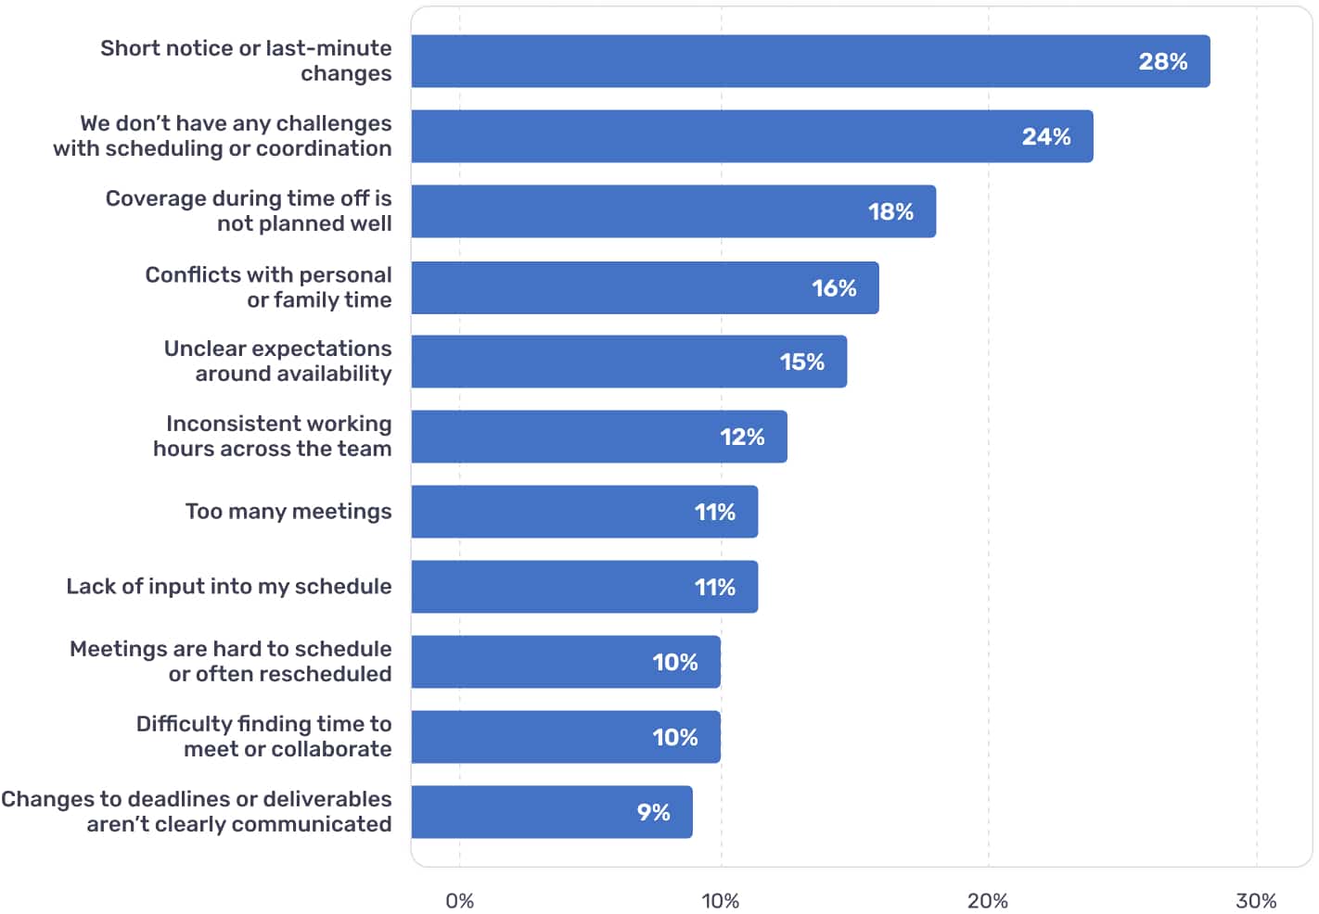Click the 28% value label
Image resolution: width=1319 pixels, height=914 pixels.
[1162, 62]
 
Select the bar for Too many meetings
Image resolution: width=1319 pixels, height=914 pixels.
[584, 512]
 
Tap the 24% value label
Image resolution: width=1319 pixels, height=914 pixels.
[1045, 137]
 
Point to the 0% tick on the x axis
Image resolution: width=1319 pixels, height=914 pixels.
[459, 901]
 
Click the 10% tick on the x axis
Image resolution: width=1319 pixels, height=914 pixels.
[720, 901]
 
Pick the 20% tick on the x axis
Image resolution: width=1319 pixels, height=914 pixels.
[987, 901]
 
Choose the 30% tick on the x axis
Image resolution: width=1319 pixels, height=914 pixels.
[1255, 901]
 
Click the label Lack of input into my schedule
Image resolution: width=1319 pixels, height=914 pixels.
[229, 587]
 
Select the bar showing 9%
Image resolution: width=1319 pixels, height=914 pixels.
[552, 812]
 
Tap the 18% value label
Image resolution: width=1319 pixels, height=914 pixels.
[890, 212]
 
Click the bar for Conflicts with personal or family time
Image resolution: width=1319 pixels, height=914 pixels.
[645, 287]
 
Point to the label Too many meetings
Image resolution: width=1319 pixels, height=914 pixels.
[288, 512]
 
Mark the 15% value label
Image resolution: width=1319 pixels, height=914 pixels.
[801, 362]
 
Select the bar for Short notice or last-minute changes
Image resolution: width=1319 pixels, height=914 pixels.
[810, 62]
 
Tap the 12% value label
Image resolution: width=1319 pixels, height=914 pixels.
[742, 438]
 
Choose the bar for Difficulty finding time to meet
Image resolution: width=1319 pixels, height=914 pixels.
[566, 737]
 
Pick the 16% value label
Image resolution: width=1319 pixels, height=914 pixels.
[834, 288]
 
